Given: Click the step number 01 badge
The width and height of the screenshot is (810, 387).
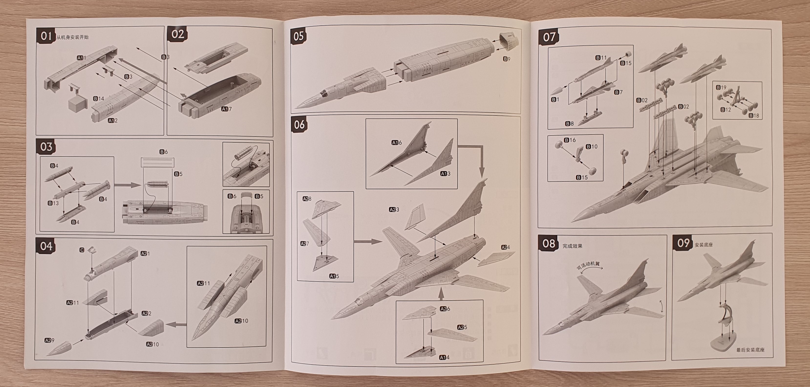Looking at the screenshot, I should point(46,36).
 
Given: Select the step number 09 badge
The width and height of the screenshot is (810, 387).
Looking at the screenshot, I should point(683,243).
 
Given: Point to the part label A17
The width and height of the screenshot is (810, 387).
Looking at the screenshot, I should point(226,109).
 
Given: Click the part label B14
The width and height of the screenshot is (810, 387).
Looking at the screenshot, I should point(98,99).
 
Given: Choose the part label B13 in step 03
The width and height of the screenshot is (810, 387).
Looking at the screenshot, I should point(53,203).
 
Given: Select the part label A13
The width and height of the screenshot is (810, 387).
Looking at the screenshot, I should point(445,174).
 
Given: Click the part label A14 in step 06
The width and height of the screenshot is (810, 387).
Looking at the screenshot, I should point(444,357).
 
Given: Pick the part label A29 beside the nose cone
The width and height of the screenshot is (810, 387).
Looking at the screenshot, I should point(49,340).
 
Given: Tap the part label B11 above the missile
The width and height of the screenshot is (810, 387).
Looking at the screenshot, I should point(601,58).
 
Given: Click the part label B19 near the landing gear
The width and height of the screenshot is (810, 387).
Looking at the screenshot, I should point(721,87).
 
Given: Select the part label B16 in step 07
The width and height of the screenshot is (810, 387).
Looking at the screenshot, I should point(570,140).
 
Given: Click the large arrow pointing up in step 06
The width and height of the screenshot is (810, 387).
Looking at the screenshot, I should point(441,294).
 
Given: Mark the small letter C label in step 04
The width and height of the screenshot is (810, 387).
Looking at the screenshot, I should point(82,250).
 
